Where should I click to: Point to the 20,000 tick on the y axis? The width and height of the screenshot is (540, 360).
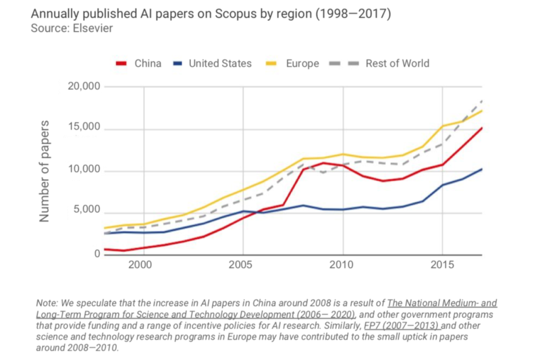click(84, 86)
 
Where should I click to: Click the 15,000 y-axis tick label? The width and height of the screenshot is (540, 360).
click(84, 128)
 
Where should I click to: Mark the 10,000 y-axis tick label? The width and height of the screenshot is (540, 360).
click(84, 170)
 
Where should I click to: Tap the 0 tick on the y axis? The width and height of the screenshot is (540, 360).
click(97, 253)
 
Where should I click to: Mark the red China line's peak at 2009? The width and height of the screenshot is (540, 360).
click(324, 163)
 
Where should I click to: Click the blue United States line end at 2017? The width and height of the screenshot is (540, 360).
click(481, 169)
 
